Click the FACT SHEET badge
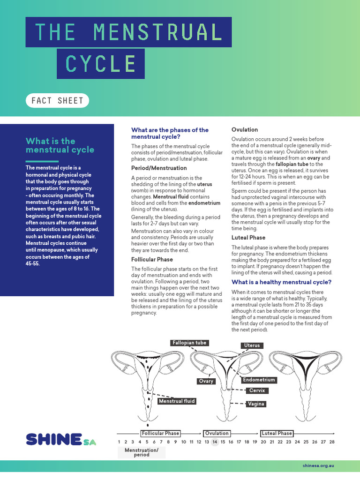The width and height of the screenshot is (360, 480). pos(57,100)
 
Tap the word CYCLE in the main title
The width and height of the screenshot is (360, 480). pos(101,64)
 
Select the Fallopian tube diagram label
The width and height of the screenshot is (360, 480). pos(189,343)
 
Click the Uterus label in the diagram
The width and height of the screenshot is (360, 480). pos(252,345)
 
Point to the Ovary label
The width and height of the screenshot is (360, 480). pos(206,381)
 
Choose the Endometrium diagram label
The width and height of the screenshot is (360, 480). pos(259,380)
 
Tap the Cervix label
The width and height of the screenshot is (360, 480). pos(257,390)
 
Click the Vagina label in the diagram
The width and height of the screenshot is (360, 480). pos(256,404)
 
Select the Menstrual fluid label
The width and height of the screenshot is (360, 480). pos(176,401)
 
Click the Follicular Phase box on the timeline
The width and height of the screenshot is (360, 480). pos(160,433)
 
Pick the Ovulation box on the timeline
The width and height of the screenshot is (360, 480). pos(217,433)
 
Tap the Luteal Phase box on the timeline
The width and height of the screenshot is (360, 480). pos(277,433)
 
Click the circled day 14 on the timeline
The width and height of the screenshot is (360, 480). pos(215,442)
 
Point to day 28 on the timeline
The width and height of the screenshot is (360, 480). pos(332,442)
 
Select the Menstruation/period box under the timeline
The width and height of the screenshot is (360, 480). pos(142,452)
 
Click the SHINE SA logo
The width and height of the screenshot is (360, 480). pos(61,440)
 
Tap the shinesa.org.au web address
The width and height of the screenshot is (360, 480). pos(321,467)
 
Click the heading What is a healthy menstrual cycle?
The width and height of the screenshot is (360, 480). pos(282,282)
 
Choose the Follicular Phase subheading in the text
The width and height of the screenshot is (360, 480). pos(152,259)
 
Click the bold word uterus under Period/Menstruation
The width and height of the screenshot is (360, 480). pos(204,184)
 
